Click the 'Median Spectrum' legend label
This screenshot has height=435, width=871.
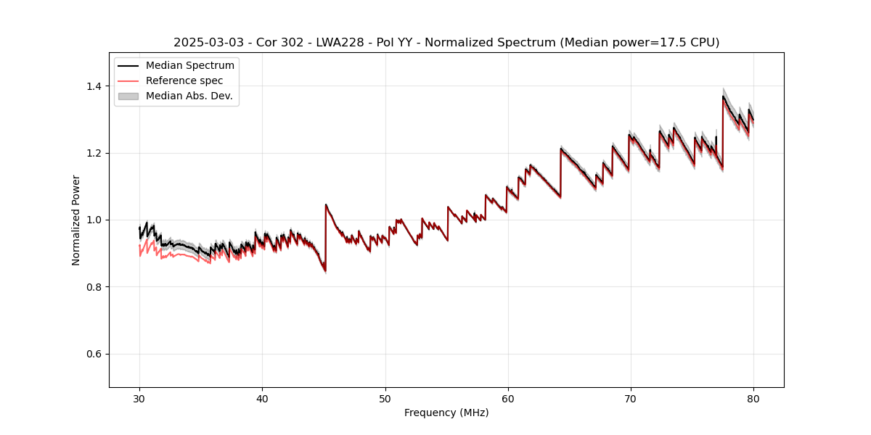point(189,66)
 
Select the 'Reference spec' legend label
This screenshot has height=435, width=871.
point(184,80)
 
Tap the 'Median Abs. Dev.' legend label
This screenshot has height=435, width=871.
point(189,96)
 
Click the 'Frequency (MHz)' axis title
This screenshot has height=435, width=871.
point(446,413)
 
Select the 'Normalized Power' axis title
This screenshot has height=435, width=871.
point(76,220)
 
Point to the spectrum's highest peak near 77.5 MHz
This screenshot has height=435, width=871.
point(723,96)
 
